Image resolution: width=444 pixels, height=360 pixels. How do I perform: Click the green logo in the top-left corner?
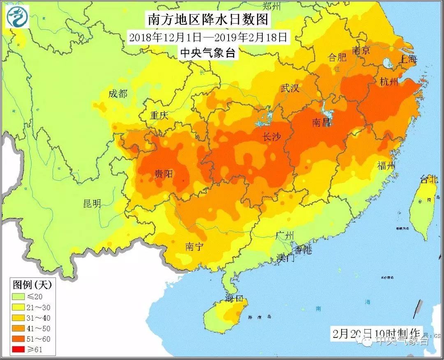[x=16, y=17]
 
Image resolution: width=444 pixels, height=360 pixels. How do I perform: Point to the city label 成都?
[x=118, y=94]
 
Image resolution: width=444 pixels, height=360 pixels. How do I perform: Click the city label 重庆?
[x=159, y=115]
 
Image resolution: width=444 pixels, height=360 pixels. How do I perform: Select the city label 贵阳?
[x=163, y=174]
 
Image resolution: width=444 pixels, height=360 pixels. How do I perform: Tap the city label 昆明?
[x=92, y=203]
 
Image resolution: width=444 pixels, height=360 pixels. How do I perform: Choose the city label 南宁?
[x=194, y=247]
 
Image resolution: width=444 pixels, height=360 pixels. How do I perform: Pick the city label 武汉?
[x=290, y=88]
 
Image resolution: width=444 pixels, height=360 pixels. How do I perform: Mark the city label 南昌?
[x=321, y=122]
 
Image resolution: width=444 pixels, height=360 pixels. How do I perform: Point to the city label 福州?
[x=386, y=166]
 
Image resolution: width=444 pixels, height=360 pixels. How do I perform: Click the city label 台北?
[x=429, y=179]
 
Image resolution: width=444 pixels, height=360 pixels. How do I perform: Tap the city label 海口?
[x=235, y=298]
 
